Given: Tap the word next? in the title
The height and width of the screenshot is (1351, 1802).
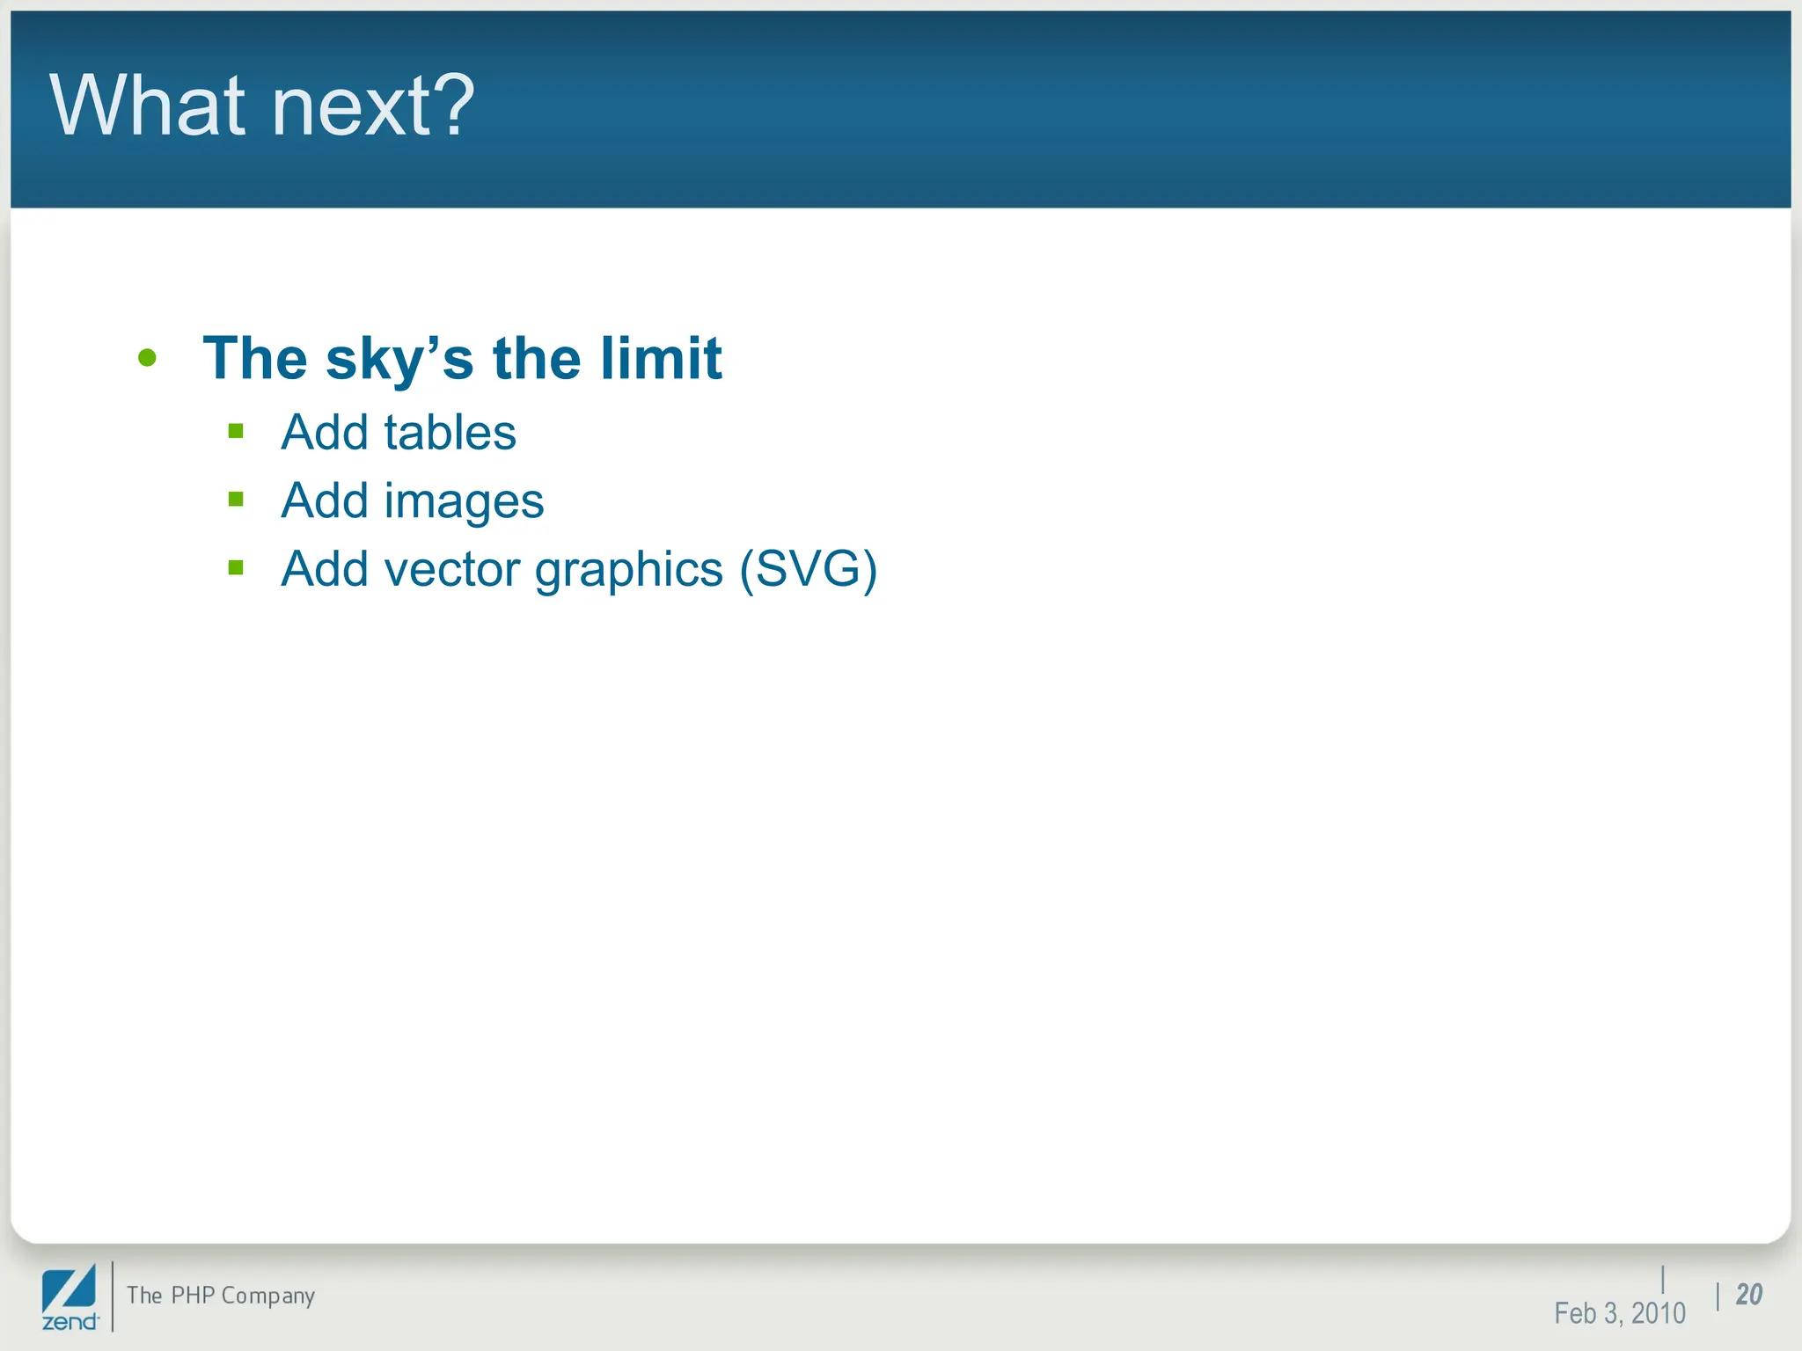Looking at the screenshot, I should click(x=373, y=107).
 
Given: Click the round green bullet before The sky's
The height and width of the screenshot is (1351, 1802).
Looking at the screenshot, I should click(x=147, y=358).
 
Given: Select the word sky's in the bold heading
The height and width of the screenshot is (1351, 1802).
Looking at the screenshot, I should click(x=399, y=360).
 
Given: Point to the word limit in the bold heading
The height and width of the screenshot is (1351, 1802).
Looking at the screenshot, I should click(x=661, y=358).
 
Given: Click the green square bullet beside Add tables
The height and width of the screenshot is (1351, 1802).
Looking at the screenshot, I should click(x=236, y=431).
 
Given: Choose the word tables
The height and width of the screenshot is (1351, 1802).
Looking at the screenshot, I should click(x=450, y=432).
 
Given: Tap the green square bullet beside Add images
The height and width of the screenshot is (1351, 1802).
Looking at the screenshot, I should click(x=236, y=500).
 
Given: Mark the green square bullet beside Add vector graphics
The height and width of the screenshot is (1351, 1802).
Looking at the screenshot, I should click(x=236, y=568).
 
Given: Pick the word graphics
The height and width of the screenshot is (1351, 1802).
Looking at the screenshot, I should click(x=629, y=571).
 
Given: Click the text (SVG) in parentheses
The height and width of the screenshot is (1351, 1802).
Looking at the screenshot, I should click(x=808, y=569).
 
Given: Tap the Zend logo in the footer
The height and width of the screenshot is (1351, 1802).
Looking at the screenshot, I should click(x=70, y=1297).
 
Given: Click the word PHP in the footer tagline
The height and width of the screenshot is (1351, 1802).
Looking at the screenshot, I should click(x=193, y=1296).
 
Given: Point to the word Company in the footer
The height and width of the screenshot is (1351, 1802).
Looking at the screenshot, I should click(x=268, y=1296).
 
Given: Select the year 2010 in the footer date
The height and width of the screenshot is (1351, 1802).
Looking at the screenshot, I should click(x=1658, y=1313).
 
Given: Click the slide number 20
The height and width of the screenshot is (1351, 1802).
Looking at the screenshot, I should click(x=1749, y=1295).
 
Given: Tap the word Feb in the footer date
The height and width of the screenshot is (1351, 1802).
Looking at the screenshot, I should click(x=1575, y=1313).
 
